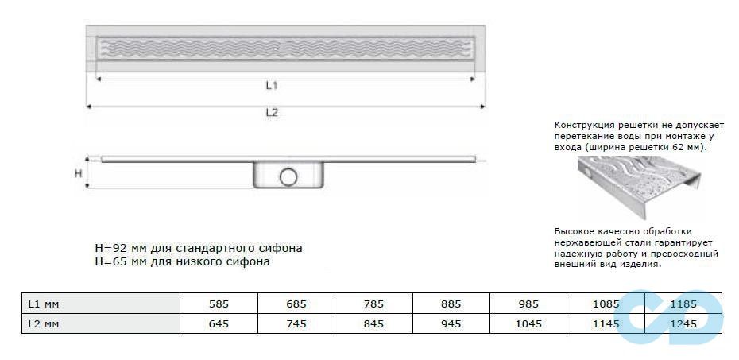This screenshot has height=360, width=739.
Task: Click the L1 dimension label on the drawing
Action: pyautogui.click(x=271, y=84)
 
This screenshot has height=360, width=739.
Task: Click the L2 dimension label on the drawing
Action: pyautogui.click(x=271, y=112)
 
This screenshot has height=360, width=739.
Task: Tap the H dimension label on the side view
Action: pyautogui.click(x=78, y=173)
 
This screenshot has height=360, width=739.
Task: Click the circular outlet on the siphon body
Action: pyautogui.click(x=288, y=175)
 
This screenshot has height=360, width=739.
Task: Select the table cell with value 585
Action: pyautogui.click(x=219, y=304)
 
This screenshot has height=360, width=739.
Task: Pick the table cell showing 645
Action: pyautogui.click(x=219, y=323)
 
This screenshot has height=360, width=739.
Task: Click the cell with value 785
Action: pyautogui.click(x=373, y=304)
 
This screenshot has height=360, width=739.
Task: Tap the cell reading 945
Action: pyautogui.click(x=451, y=323)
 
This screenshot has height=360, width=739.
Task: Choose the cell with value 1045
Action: pyautogui.click(x=528, y=323)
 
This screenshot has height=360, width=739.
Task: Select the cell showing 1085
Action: pyautogui.click(x=606, y=304)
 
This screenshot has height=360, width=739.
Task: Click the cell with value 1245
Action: pyautogui.click(x=683, y=323)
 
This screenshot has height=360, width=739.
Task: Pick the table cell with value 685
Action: pyautogui.click(x=296, y=304)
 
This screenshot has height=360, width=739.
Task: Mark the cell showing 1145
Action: pyautogui.click(x=606, y=323)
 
